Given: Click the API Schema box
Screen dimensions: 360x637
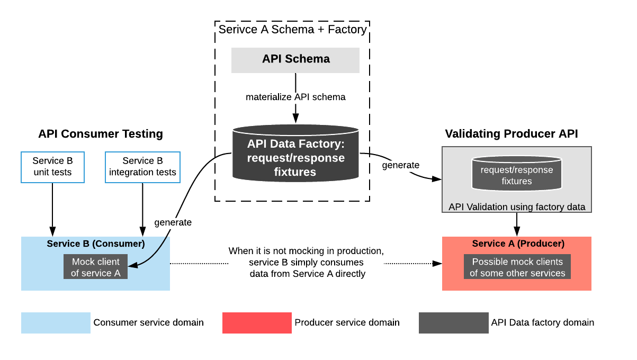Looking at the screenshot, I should (295, 59).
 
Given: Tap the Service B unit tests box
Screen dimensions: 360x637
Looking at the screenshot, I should (52, 167).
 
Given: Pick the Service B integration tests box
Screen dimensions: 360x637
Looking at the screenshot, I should (143, 167).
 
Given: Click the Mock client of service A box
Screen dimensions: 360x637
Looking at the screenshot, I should (96, 267).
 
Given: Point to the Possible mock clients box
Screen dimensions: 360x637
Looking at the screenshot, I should (517, 267).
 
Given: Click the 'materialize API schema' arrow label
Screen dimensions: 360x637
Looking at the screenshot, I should (295, 97).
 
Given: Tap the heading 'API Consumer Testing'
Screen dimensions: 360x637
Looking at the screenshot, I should (101, 134).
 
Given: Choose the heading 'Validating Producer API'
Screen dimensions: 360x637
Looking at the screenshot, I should (512, 134).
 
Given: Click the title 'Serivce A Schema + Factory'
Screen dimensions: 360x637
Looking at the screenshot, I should (292, 29).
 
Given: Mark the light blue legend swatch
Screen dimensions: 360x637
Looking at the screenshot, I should (56, 323).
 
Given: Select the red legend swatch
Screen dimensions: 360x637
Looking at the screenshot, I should (257, 323).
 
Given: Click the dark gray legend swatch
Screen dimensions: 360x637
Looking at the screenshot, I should (453, 323).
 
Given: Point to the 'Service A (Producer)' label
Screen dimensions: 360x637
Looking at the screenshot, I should (518, 244).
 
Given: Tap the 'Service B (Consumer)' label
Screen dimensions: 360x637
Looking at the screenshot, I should (96, 244).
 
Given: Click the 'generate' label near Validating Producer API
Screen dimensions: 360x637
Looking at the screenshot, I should (401, 165).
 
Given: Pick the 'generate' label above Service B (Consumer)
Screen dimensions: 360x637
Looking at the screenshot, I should (173, 222).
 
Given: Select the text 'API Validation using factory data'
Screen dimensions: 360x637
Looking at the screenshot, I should (517, 207).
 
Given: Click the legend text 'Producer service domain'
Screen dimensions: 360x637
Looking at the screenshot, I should (347, 322).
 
